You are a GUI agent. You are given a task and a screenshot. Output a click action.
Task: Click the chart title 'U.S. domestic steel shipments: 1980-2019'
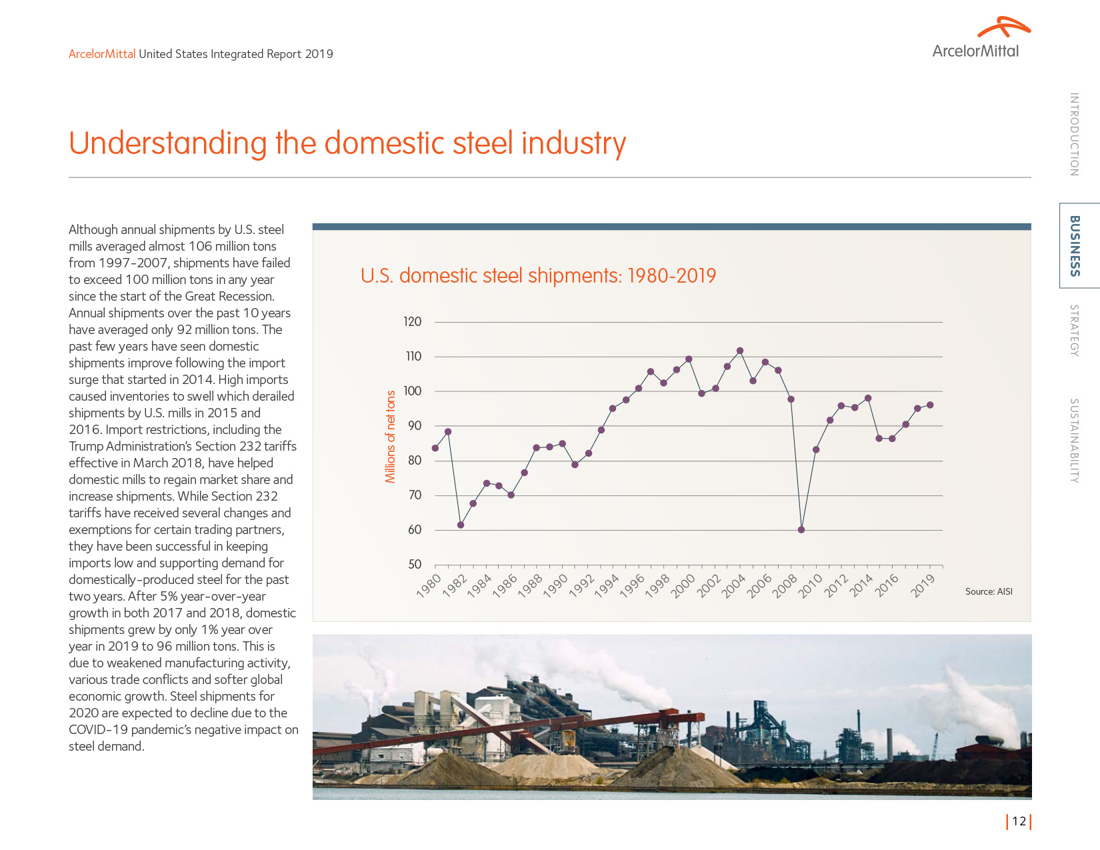tap(538, 276)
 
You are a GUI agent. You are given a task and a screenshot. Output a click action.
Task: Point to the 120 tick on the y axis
tap(413, 322)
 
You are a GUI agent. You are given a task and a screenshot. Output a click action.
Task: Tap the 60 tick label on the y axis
tap(415, 530)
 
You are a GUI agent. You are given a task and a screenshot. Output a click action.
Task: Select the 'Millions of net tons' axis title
tap(391, 437)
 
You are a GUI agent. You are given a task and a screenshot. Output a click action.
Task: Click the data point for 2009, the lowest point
tap(801, 530)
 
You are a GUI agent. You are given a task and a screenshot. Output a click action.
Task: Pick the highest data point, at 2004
tap(740, 351)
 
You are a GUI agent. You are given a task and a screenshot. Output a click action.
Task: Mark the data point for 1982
tap(461, 525)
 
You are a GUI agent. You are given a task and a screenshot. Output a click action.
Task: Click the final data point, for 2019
tap(930, 405)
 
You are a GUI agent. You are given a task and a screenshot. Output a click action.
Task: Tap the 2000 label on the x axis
tap(683, 586)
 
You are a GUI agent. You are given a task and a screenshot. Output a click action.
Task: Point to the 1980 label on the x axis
tap(429, 586)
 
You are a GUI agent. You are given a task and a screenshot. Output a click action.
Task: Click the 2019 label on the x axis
tap(923, 586)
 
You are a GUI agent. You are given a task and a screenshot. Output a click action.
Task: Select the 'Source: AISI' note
tap(989, 592)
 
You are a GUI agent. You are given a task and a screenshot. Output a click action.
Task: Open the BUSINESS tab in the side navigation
tap(1075, 245)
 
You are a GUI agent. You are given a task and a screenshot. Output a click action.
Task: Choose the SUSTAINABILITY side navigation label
tap(1074, 441)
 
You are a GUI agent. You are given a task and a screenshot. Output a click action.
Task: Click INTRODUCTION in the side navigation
tap(1074, 135)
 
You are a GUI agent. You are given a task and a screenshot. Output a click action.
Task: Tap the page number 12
tap(1019, 821)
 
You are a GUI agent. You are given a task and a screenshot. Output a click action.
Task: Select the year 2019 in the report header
tap(319, 54)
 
